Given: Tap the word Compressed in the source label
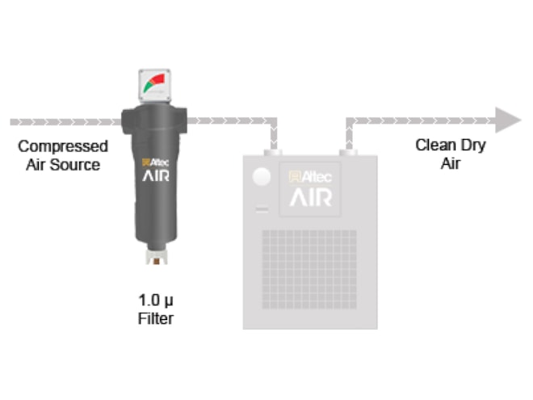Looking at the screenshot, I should (63, 147).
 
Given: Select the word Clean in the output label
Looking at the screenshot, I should (434, 145).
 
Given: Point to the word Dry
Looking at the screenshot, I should (472, 145).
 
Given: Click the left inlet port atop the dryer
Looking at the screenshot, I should (275, 152).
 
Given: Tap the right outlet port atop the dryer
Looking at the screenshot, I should (348, 152).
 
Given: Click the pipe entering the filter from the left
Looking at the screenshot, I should (65, 122).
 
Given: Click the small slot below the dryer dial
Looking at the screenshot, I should (260, 211).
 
